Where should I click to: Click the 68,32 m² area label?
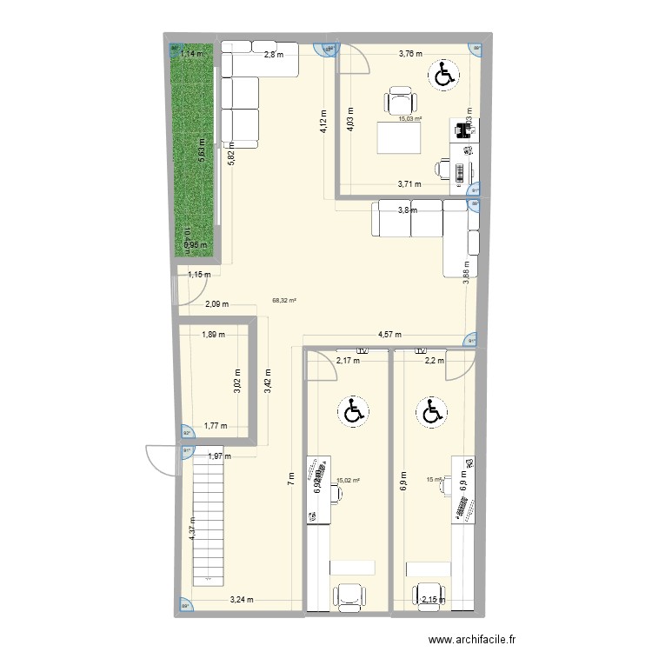284,301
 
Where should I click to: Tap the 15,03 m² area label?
410,120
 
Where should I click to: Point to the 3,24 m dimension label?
242,598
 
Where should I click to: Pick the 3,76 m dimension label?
409,54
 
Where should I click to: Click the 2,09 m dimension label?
217,304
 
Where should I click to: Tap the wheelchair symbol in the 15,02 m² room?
353,410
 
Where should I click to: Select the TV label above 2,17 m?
363,351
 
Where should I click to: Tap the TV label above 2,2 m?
422,351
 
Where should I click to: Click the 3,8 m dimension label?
406,210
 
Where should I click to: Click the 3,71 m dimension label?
409,183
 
